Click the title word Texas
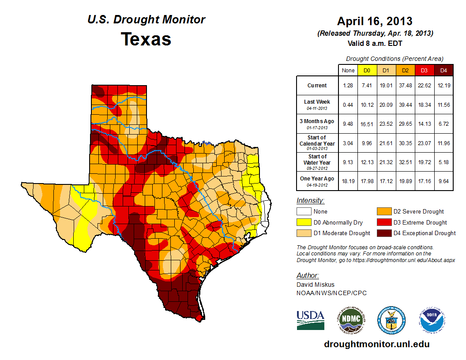tap(146, 39)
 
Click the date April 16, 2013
tap(375, 21)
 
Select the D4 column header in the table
tap(443, 70)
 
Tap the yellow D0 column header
tap(366, 70)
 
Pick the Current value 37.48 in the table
tap(405, 86)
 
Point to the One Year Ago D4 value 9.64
tap(443, 181)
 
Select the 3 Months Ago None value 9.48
tap(348, 124)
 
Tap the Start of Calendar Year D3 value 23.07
tap(424, 143)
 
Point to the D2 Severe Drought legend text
tap(420, 211)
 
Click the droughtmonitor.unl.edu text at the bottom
tap(376, 344)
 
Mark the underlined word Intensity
tap(310, 201)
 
